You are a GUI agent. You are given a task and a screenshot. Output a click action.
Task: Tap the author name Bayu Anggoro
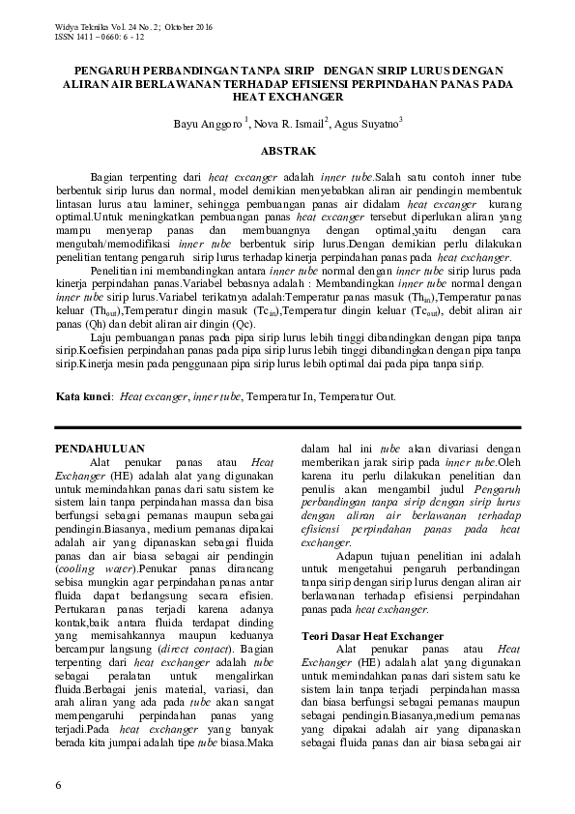coord(209,124)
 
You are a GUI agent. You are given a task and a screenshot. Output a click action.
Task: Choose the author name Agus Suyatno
coord(368,124)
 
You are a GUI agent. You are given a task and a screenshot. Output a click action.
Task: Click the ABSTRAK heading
coord(287,152)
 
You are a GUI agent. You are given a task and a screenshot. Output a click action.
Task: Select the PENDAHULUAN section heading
coord(100,449)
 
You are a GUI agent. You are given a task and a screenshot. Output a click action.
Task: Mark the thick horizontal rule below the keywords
coord(287,426)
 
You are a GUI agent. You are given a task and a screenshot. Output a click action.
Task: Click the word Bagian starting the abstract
coord(109,179)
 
